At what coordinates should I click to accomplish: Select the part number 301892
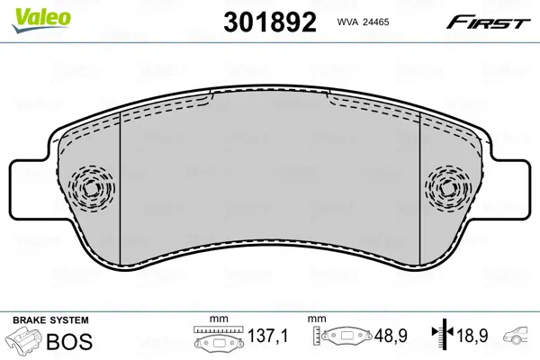267,22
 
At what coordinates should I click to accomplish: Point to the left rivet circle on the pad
90,189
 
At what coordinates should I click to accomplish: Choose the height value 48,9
391,337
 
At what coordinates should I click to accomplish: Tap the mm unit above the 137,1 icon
217,319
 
